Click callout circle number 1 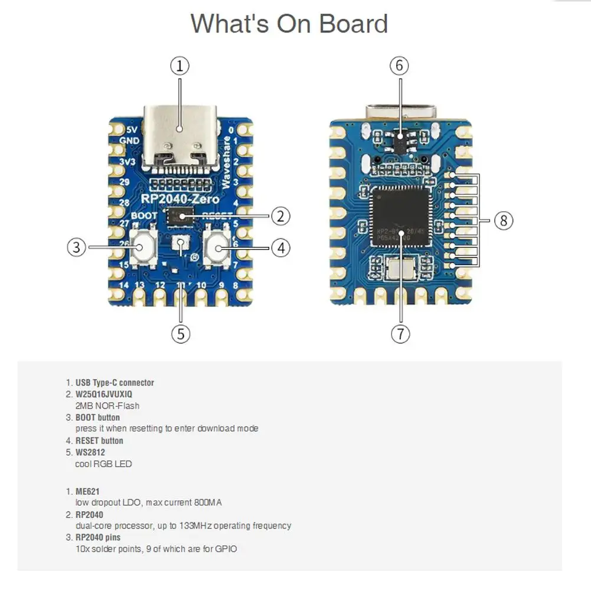(180, 66)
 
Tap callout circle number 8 (503, 221)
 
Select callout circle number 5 (181, 334)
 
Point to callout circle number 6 (399, 66)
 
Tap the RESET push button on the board (217, 248)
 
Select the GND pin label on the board (129, 141)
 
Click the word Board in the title (354, 24)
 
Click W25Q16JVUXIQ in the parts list (104, 394)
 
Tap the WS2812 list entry (90, 452)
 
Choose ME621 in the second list (87, 491)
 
